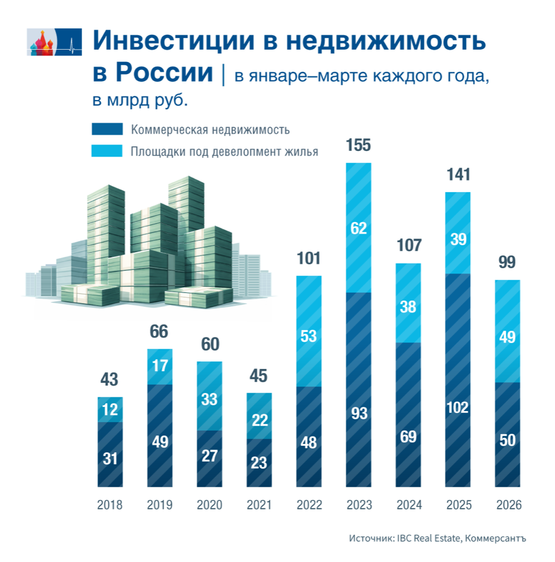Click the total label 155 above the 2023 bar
pyautogui.click(x=358, y=145)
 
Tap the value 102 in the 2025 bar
pyautogui.click(x=457, y=408)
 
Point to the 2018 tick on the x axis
pyautogui.click(x=110, y=505)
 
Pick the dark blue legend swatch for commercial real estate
pyautogui.click(x=107, y=130)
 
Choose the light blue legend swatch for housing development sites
pyautogui.click(x=107, y=151)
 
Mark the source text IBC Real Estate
pyautogui.click(x=428, y=538)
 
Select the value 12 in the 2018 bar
pyautogui.click(x=110, y=410)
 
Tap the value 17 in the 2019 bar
pyautogui.click(x=160, y=367)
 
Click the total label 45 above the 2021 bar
pyautogui.click(x=259, y=376)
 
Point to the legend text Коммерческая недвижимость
pyautogui.click(x=210, y=130)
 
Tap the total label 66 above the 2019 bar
pyautogui.click(x=160, y=332)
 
